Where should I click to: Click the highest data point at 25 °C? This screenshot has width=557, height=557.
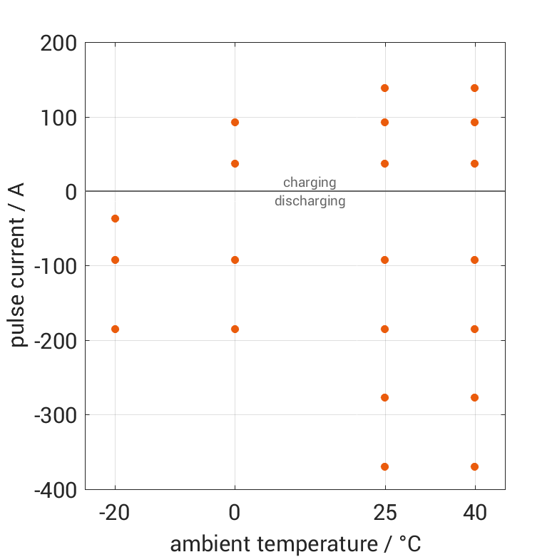(x=384, y=88)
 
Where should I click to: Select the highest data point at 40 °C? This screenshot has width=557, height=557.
(x=474, y=88)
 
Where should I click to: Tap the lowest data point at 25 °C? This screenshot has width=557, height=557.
(x=384, y=466)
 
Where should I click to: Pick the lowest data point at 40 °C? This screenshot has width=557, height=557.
(x=474, y=466)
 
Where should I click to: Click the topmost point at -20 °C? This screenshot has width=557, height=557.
(x=115, y=218)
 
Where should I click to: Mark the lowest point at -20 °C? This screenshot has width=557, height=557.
(x=115, y=329)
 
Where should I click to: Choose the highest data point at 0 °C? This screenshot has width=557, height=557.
(x=235, y=122)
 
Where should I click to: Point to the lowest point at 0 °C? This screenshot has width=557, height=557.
(x=235, y=329)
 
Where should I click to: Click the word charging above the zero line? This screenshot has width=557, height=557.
(x=310, y=183)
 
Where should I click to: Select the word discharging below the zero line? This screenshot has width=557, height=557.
(x=310, y=201)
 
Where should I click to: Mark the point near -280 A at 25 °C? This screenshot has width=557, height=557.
(x=384, y=397)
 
